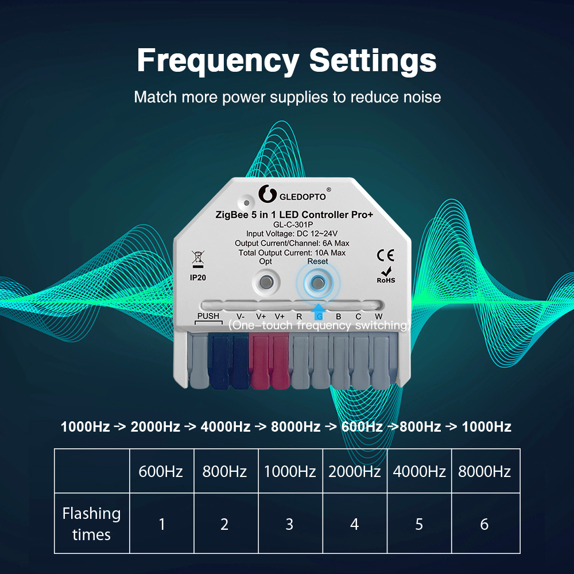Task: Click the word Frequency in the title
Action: [x=218, y=61]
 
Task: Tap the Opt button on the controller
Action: [x=266, y=282]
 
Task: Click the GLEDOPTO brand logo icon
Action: [x=267, y=193]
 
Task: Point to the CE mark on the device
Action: [x=386, y=255]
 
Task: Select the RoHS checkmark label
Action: [x=386, y=276]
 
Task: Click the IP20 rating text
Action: [x=197, y=278]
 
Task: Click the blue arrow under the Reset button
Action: [x=319, y=312]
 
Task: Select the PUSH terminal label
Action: [x=208, y=316]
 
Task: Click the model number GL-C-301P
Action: [x=293, y=224]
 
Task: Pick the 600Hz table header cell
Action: [x=162, y=471]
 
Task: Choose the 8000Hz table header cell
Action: [x=486, y=471]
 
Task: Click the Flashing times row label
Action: [x=91, y=524]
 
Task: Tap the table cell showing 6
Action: [x=486, y=523]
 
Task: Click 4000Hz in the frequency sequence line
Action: [x=226, y=427]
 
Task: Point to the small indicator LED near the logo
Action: [x=246, y=203]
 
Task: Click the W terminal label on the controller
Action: [x=378, y=316]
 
